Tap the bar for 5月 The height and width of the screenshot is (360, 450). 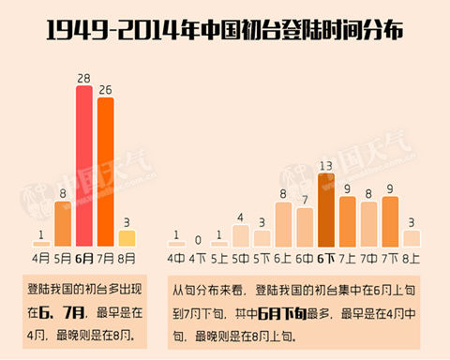[63, 222]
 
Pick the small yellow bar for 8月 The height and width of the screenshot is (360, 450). [127, 236]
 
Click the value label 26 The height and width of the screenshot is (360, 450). [106, 89]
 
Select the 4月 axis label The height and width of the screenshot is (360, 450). [41, 255]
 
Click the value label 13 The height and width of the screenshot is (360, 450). [326, 166]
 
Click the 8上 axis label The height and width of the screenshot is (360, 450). [412, 256]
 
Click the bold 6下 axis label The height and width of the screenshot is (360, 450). [326, 256]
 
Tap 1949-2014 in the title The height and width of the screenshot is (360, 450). [103, 31]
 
